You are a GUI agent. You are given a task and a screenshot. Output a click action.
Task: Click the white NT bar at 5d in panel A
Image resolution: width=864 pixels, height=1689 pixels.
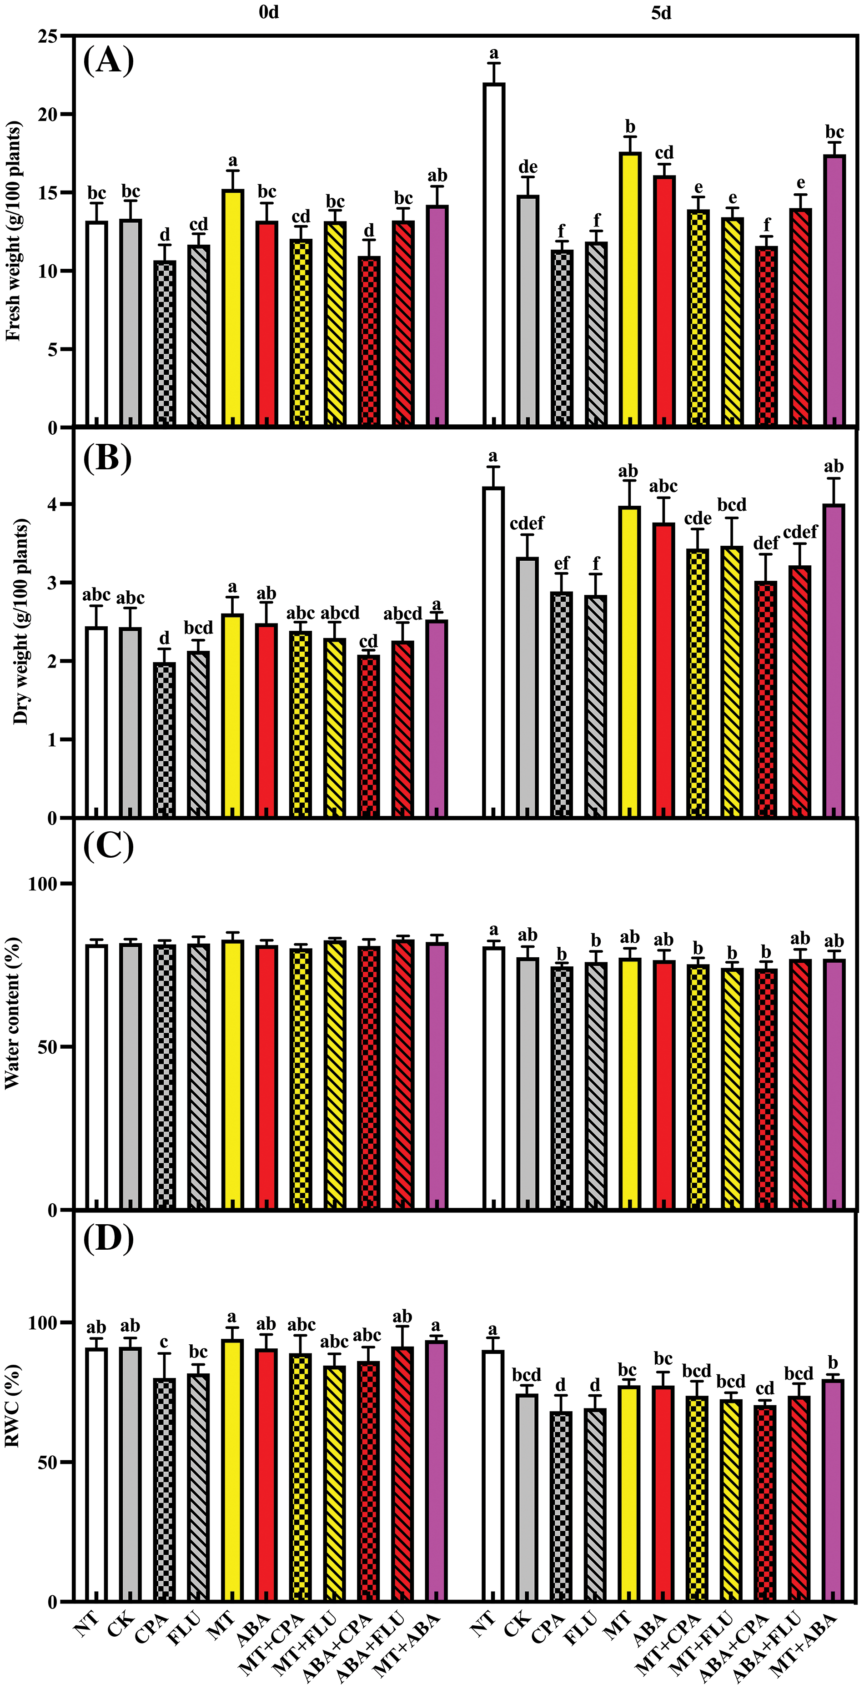[494, 256]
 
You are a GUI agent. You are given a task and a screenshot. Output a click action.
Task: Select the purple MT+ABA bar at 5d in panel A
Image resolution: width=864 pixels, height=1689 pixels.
[834, 292]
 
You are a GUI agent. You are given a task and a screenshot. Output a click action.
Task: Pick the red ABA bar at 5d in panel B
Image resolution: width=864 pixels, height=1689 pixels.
[663, 669]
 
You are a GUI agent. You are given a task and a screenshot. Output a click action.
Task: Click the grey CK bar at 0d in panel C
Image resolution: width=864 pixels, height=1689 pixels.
[130, 1076]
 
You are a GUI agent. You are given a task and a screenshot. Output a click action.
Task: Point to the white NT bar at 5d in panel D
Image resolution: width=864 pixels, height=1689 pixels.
[494, 1475]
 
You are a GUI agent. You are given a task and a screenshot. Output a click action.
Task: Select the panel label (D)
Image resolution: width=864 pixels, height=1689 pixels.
[108, 1238]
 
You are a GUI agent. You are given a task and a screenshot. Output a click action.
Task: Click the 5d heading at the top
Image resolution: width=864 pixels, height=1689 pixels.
[661, 13]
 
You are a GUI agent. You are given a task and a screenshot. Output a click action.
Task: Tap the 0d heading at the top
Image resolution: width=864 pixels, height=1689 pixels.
[269, 13]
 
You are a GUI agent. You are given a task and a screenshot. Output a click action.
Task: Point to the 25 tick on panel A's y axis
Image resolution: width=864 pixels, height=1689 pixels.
[47, 36]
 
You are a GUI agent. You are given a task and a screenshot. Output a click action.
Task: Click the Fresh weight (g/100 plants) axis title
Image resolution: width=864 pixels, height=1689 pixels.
[13, 231]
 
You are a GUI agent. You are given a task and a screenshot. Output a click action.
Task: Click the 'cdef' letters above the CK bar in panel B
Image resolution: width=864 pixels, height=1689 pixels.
[527, 523]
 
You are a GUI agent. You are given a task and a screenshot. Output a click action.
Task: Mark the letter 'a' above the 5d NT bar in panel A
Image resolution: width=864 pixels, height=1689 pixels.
[494, 53]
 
